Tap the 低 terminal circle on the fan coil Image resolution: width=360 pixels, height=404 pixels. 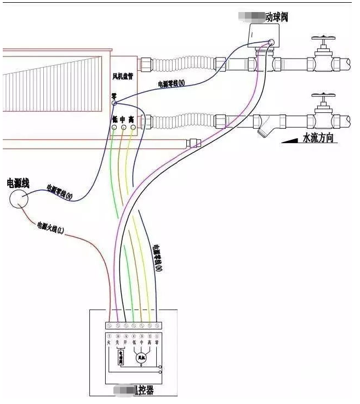click(x=114, y=128)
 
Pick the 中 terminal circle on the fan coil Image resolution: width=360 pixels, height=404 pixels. click(x=123, y=128)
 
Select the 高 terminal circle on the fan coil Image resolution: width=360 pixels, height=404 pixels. click(x=133, y=128)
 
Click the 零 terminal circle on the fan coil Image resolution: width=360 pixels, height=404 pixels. click(x=114, y=103)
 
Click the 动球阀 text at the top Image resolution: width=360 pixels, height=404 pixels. click(x=276, y=18)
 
